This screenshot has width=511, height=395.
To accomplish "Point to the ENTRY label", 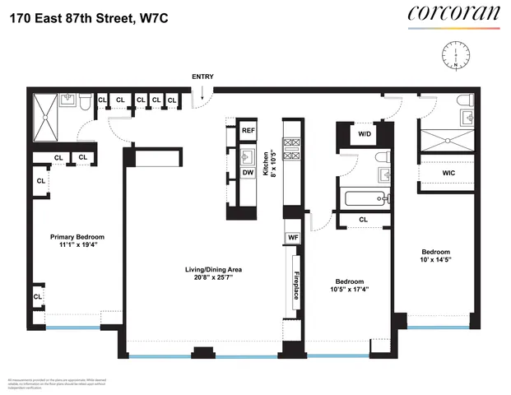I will click(202, 77).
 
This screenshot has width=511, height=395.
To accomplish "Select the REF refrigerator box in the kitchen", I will click(248, 130).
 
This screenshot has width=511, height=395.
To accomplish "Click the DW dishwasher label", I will click(248, 173).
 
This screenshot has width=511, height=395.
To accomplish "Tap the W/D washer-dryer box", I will click(364, 133).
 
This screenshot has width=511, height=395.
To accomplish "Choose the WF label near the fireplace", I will click(292, 238).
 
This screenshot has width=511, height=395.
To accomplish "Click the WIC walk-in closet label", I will click(448, 174).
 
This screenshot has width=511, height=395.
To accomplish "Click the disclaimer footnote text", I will click(57, 383).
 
